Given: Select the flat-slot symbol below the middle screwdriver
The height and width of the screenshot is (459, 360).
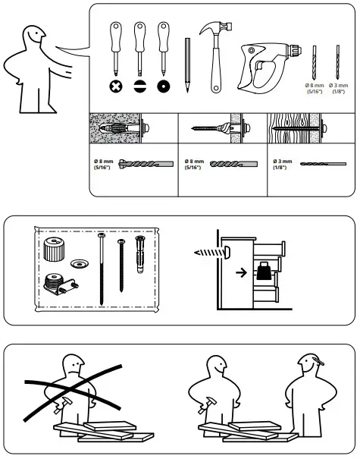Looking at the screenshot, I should pos(139,86).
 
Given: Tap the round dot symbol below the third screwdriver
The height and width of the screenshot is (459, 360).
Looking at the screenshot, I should pos(161,86).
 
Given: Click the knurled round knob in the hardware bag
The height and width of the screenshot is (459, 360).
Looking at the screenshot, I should pos(54,248).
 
